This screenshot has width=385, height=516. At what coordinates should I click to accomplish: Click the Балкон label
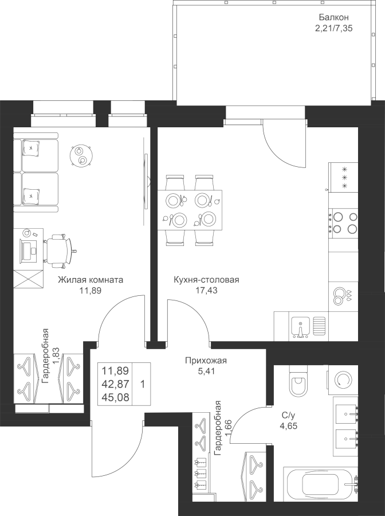pyautogui.click(x=333, y=17)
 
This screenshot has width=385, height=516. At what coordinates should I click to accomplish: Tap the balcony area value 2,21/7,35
pyautogui.click(x=333, y=28)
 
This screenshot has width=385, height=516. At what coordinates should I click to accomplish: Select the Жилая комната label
pyautogui.click(x=91, y=280)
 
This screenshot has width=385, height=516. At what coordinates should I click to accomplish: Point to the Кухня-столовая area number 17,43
pyautogui.click(x=206, y=290)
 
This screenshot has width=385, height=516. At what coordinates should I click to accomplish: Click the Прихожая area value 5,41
pyautogui.click(x=206, y=371)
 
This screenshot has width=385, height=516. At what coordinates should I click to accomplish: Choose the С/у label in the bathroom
pyautogui.click(x=288, y=415)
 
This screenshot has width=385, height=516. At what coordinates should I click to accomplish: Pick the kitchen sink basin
pyautogui.click(x=300, y=327)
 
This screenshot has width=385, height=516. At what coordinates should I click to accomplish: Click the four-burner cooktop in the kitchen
pyautogui.click(x=345, y=223)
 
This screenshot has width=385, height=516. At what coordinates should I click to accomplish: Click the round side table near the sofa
pyautogui.click(x=81, y=155)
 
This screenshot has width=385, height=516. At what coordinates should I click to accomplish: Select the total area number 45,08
pyautogui.click(x=115, y=397)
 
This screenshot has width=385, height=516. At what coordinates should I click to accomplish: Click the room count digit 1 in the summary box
pyautogui.click(x=142, y=384)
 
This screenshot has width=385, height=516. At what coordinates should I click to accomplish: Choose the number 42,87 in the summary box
pyautogui.click(x=115, y=384)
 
